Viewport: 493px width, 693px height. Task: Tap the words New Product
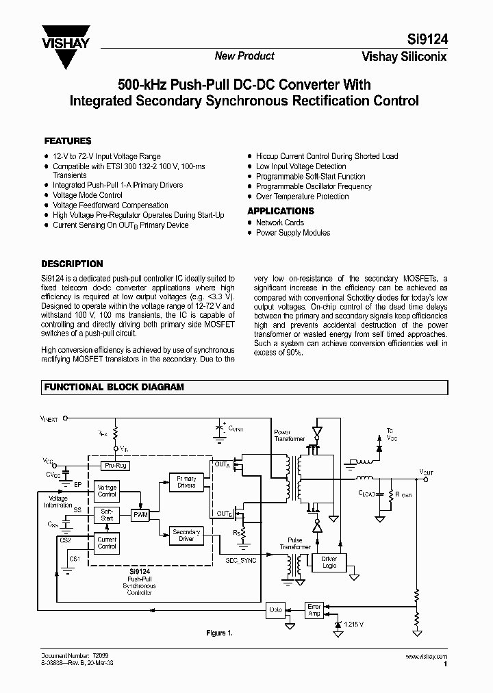pos(244,56)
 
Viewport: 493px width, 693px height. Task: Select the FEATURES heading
pos(68,140)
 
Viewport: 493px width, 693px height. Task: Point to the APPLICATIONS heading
pos(281,211)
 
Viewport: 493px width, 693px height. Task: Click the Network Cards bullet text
pos(279,223)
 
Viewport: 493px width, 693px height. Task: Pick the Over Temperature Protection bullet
pos(302,197)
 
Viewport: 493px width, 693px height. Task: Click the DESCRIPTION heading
pos(72,264)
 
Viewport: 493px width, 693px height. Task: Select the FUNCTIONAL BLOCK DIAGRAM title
pos(114,387)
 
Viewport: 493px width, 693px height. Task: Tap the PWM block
pos(140,514)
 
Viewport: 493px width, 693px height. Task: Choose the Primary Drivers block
pos(186,482)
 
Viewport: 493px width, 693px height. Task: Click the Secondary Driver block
pos(186,535)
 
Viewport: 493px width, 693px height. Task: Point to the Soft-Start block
pos(107,515)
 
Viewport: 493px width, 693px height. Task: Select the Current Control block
pos(107,543)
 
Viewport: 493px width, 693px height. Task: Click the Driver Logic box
pos(329,562)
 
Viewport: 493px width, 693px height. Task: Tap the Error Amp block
pos(314,609)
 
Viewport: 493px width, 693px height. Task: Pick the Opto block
pos(275,609)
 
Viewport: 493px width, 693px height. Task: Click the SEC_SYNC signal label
pos(240,559)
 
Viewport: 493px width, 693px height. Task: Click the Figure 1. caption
pos(220,633)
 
